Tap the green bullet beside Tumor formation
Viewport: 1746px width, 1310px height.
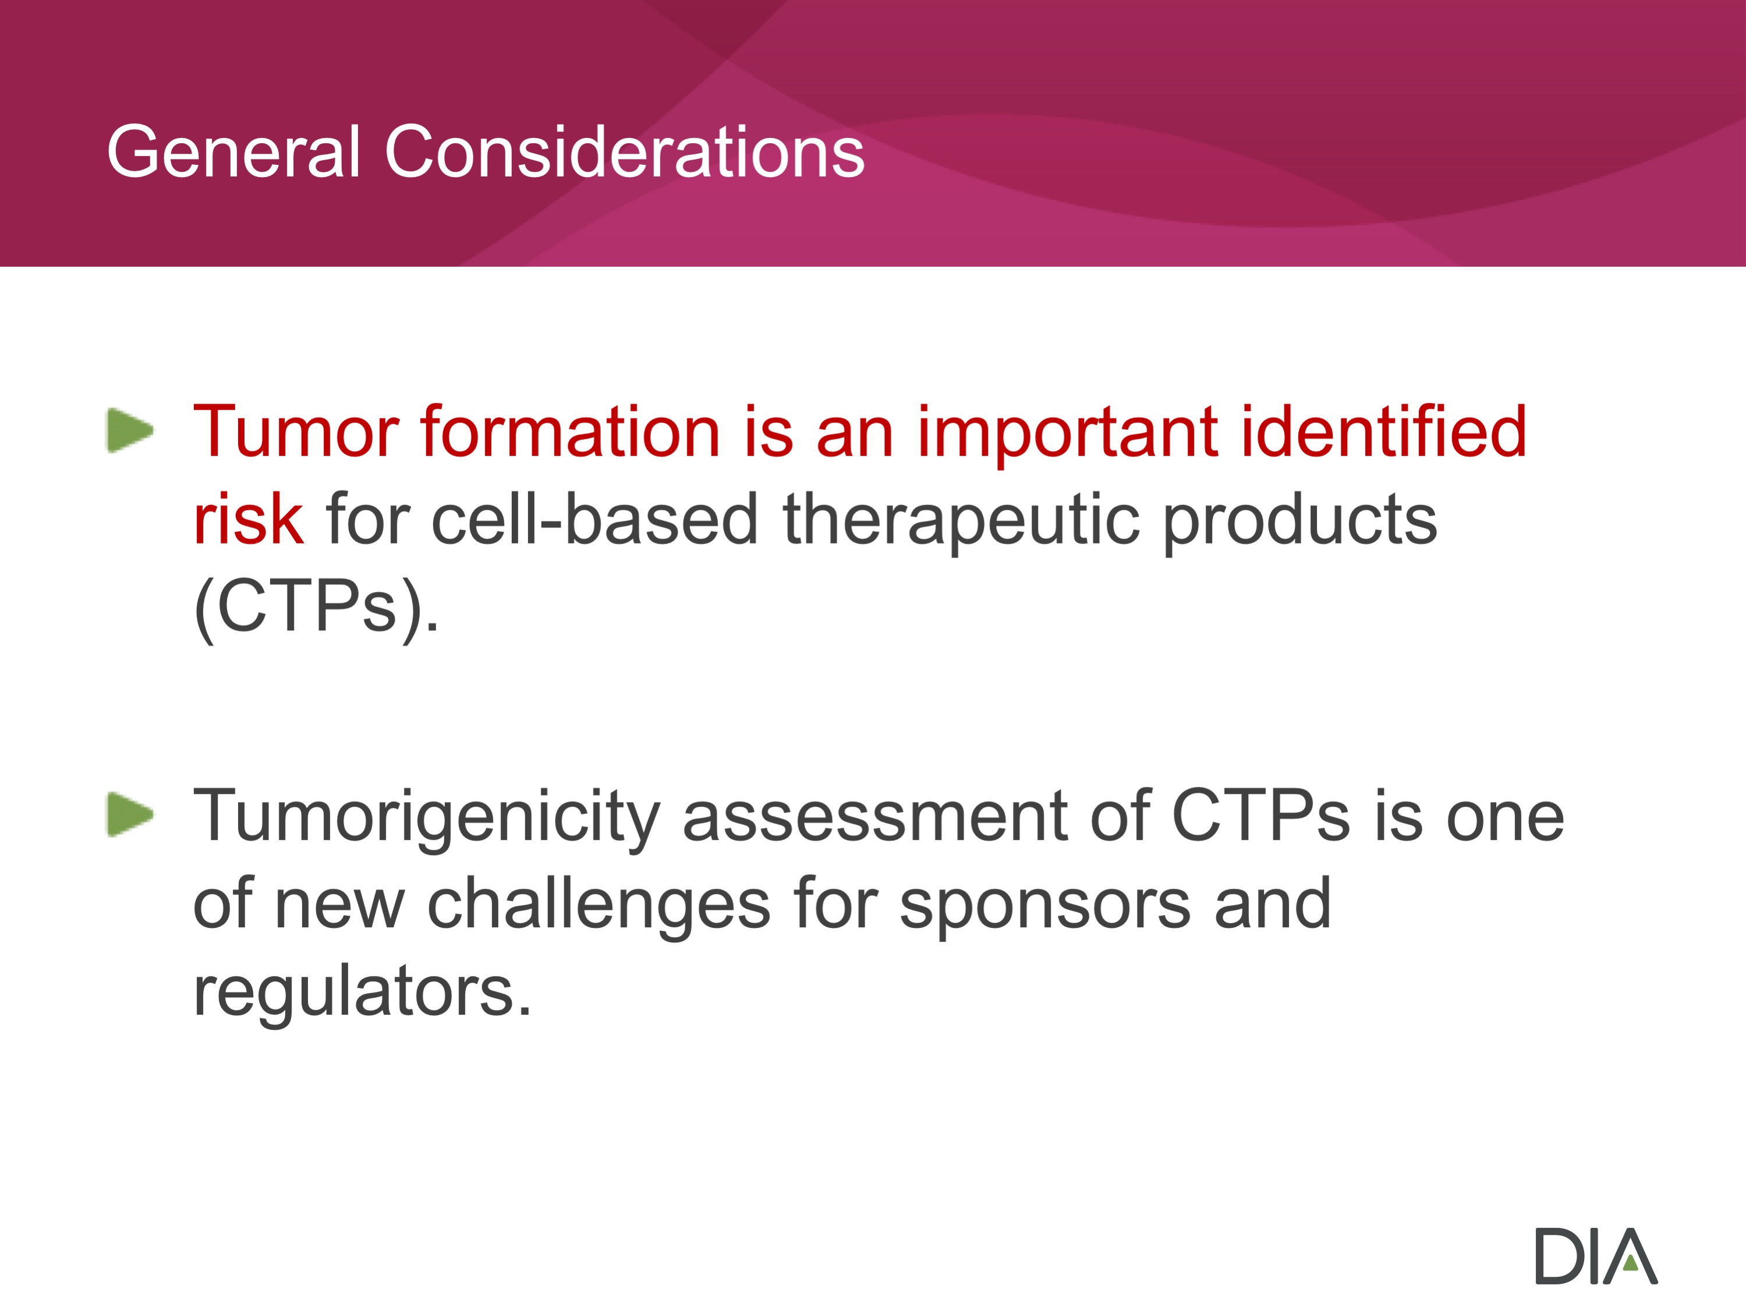(130, 430)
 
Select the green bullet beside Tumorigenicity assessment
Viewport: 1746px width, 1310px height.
(130, 814)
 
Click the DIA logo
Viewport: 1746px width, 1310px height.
(1596, 1255)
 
